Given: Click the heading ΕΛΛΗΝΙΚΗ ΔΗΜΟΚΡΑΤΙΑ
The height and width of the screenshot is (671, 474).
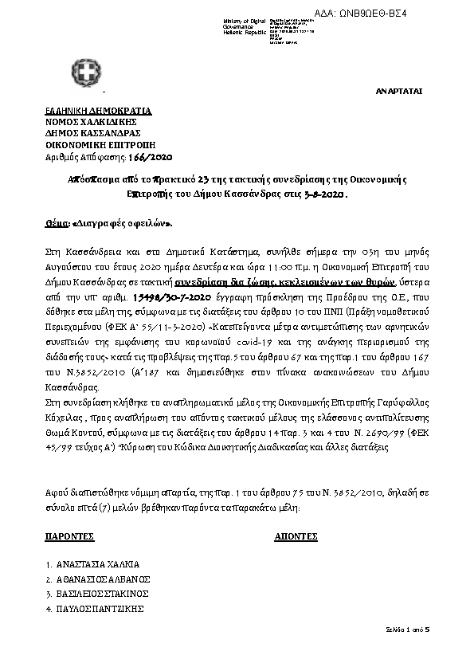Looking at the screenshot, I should (x=98, y=110).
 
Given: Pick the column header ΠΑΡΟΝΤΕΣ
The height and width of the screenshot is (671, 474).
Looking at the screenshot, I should (x=70, y=537).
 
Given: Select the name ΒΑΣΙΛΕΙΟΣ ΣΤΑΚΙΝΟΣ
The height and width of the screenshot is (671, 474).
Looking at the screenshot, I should (x=102, y=594).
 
